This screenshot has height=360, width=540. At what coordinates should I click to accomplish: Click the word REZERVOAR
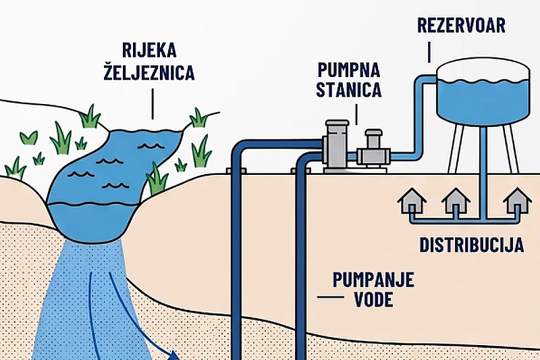[461, 26]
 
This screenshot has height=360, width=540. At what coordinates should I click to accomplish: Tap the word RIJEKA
[149, 50]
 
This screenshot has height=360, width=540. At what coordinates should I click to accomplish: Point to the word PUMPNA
[348, 70]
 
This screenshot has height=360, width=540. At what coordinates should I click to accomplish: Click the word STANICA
[348, 89]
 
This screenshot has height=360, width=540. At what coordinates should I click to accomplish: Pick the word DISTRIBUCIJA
[471, 245]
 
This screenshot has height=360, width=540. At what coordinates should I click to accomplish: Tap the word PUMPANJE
[373, 280]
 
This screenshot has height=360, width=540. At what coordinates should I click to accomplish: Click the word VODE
[374, 299]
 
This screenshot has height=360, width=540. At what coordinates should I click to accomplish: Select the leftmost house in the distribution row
[412, 201]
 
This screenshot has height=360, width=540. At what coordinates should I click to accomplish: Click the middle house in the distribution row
[456, 201]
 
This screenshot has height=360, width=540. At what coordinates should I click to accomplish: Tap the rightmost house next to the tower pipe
[517, 201]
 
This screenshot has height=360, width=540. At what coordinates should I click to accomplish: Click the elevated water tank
[483, 93]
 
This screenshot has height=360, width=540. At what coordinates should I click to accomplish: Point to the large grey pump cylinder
[337, 146]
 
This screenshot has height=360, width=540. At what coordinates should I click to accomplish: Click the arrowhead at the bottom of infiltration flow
[174, 355]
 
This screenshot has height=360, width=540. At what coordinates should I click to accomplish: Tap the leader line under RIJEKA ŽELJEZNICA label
[153, 104]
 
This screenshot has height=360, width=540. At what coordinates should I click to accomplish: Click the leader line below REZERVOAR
[429, 52]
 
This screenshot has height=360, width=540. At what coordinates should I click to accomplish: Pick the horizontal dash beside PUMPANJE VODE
[331, 297]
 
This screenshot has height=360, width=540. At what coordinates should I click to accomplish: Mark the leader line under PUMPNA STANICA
[356, 114]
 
